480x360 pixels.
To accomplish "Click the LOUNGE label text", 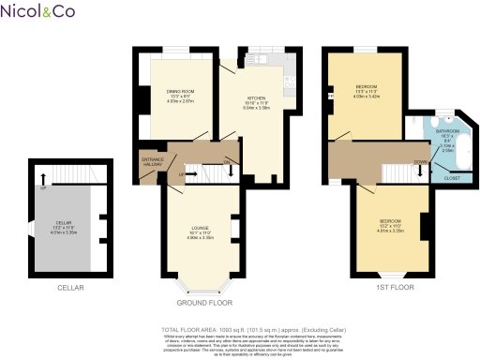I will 199,228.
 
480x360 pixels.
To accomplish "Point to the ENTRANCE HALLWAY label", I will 152,162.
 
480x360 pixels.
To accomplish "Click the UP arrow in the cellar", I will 41,177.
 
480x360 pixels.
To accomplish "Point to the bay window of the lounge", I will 199,283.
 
